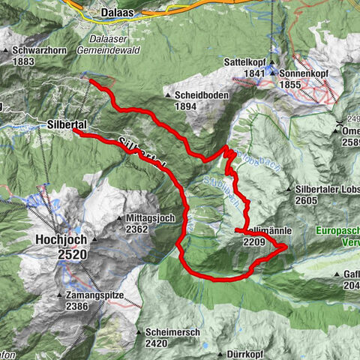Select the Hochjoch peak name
tap(61, 239)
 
